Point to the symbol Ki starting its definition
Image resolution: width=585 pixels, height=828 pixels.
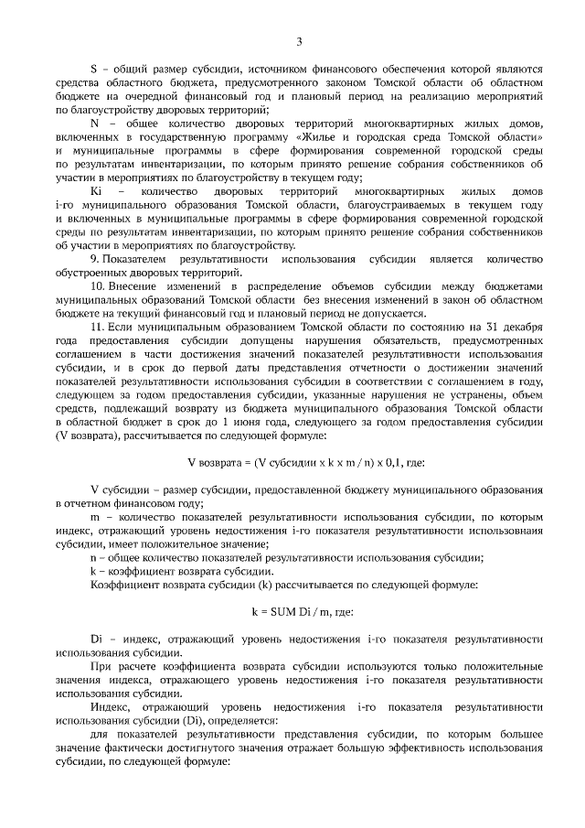point(96,190)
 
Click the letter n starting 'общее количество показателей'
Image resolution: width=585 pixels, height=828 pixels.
point(93,557)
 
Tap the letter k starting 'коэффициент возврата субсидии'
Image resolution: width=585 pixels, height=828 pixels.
point(93,571)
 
